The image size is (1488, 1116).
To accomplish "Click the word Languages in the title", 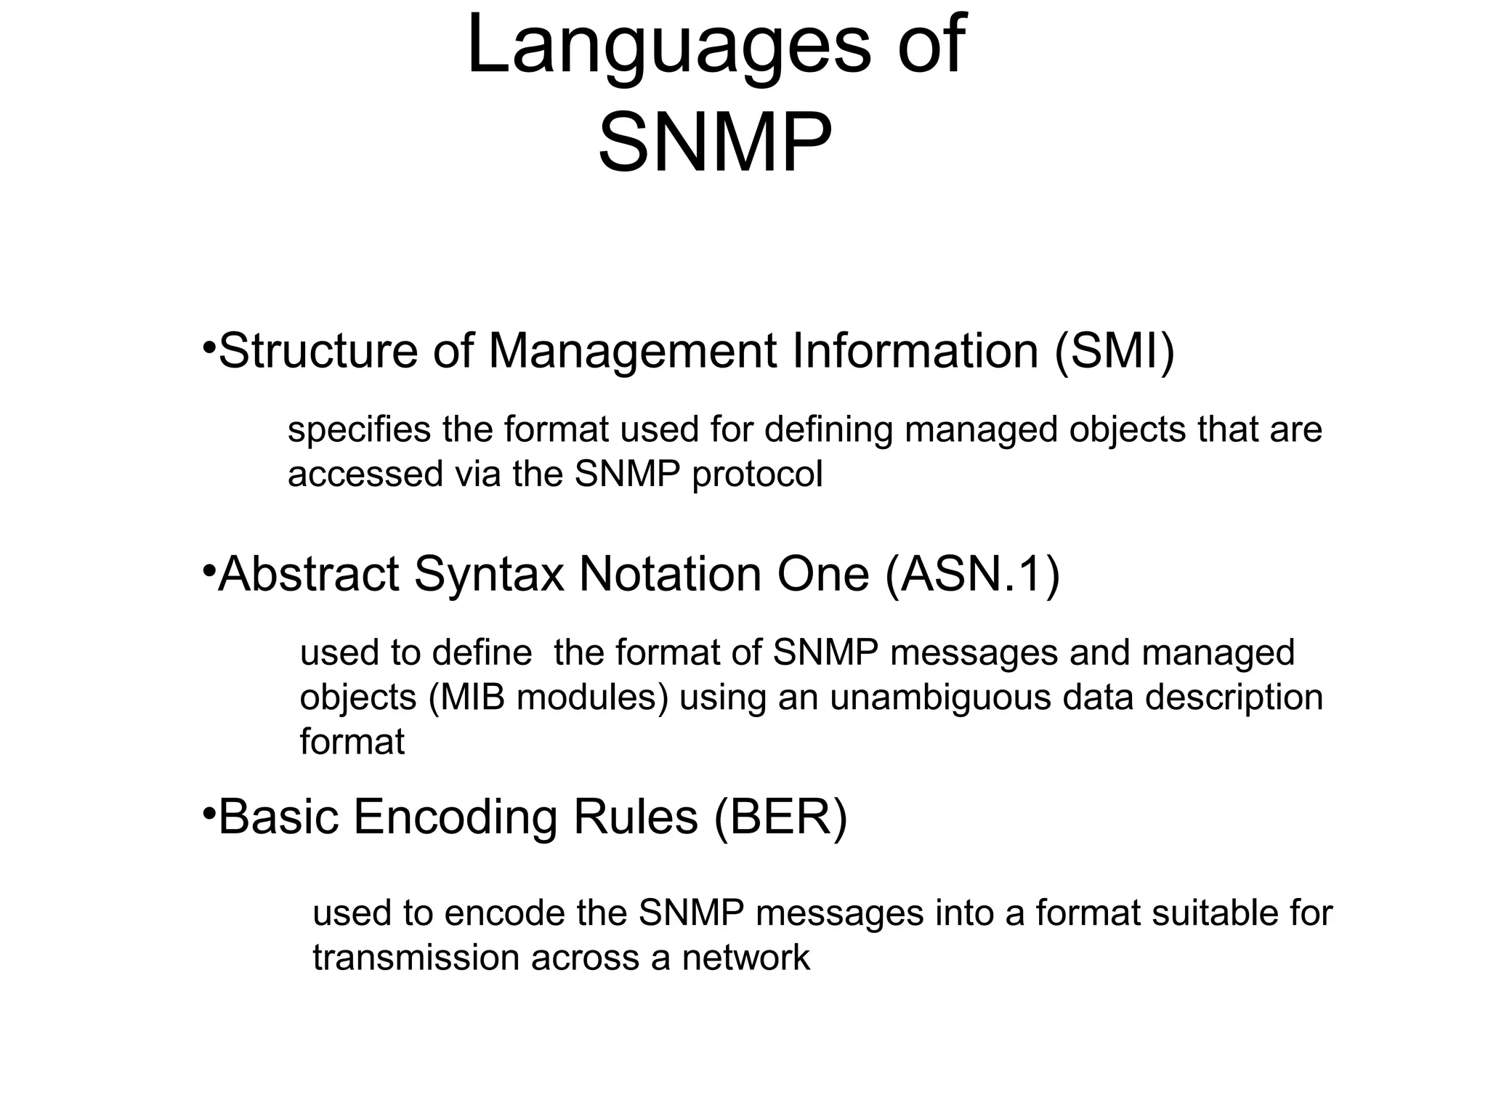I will (668, 45).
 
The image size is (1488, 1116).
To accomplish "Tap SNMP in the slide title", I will (715, 143).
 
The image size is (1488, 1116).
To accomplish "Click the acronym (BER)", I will (780, 817).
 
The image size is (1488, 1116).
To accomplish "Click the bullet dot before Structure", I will (208, 344).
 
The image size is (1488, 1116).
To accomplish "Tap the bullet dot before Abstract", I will (208, 567).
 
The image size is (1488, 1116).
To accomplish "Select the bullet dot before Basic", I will (208, 810).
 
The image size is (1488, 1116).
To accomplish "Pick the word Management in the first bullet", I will (632, 351).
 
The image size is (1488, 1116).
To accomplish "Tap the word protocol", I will (757, 475).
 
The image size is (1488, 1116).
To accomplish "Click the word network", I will (745, 958).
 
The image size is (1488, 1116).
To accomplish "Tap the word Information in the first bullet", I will (915, 351).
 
